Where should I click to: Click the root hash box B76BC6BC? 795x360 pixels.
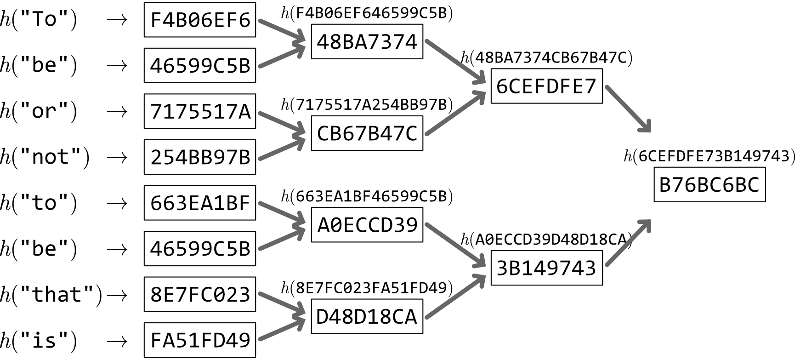coord(710,185)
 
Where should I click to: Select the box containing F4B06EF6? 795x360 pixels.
coord(200,20)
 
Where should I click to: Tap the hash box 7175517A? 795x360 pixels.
coord(200,111)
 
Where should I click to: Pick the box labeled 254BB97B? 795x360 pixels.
coord(200,157)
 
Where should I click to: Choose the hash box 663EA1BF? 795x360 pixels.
coord(200,203)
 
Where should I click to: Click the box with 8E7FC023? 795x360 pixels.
coord(200,294)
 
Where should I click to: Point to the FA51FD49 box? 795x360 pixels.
coord(200,340)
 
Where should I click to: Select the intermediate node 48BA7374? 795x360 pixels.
coord(367,42)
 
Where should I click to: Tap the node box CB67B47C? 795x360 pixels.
coord(367,133)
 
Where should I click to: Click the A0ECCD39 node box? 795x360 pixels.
coord(367,225)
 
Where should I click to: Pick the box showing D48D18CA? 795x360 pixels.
coord(367,316)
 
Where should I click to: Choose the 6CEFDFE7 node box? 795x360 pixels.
coord(546,86)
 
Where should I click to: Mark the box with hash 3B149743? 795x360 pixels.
coord(546,268)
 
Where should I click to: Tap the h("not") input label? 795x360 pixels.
coord(45,157)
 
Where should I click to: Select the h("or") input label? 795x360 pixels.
coord(39,111)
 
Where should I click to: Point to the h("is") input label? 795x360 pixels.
coord(39,341)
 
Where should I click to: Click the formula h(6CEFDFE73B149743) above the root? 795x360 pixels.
coord(709,156)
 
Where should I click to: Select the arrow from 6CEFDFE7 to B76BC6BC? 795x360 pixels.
coord(628,109)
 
